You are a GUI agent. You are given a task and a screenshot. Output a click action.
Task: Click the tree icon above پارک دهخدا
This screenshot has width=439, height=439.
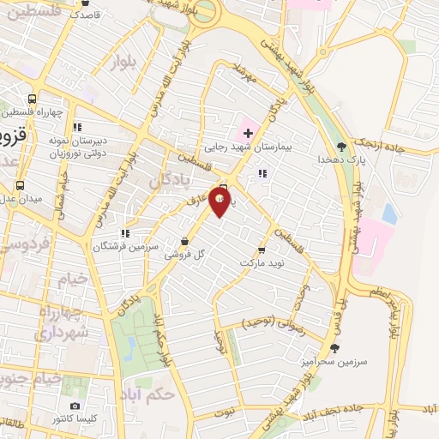[342, 146]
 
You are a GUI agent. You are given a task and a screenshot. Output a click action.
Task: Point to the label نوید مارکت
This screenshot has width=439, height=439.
[262, 263]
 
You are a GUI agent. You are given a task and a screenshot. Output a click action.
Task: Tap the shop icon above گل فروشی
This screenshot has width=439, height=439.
[188, 241]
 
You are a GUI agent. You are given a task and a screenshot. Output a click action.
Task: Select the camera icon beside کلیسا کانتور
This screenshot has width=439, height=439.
[75, 406]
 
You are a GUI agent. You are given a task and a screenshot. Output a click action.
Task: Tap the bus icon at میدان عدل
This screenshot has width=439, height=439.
[20, 185]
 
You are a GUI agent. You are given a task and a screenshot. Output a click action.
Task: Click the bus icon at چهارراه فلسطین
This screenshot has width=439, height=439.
[33, 99]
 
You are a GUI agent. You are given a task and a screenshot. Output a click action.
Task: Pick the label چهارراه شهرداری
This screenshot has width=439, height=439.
[61, 322]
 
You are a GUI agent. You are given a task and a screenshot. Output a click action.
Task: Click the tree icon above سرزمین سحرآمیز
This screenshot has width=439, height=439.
[334, 347]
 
